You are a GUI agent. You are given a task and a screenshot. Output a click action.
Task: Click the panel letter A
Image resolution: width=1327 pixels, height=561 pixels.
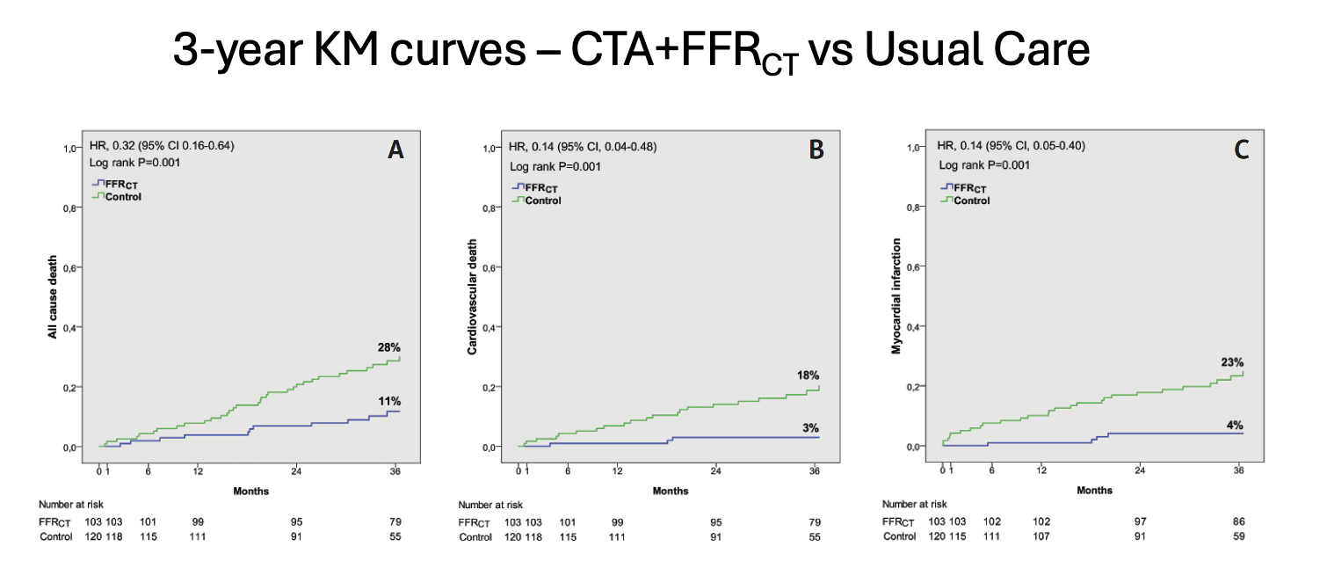395,150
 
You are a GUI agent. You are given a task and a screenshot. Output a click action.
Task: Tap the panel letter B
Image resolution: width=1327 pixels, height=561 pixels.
816,150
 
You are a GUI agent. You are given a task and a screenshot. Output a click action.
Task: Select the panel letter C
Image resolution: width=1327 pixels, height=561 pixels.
1241,150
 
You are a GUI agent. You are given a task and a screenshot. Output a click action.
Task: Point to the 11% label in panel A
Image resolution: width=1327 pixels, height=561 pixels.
388,401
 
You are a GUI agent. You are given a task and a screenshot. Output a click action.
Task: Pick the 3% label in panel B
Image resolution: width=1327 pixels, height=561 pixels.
811,427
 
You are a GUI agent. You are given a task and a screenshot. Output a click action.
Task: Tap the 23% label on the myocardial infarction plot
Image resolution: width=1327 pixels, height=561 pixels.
1231,361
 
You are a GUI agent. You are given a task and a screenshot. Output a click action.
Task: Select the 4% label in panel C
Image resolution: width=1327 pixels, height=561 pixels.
1236,426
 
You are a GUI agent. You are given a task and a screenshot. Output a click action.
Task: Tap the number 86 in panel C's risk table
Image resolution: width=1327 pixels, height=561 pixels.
1237,521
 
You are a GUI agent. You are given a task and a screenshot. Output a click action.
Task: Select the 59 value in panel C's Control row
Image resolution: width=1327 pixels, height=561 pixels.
1237,536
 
